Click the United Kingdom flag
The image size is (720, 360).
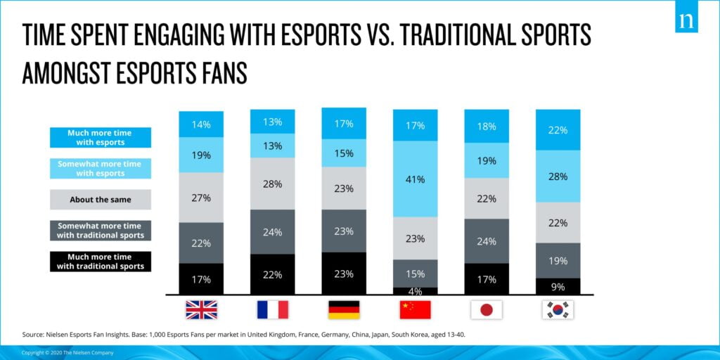click(x=201, y=309)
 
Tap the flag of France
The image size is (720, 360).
click(x=273, y=309)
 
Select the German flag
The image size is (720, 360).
click(x=344, y=309)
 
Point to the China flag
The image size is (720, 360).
click(x=415, y=309)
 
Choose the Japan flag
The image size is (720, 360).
click(x=487, y=309)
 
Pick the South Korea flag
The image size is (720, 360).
click(x=558, y=309)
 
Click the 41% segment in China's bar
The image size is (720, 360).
click(x=415, y=179)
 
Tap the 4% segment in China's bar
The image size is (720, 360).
click(x=415, y=290)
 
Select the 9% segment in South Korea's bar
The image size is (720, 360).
click(x=558, y=286)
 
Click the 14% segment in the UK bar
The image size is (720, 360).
click(x=201, y=124)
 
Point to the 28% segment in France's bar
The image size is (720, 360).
click(x=273, y=184)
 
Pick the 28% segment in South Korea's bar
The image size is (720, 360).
click(x=558, y=176)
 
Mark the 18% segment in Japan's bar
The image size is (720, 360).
click(x=487, y=127)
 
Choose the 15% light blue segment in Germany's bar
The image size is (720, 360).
click(x=344, y=153)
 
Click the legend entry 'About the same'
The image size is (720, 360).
click(x=100, y=200)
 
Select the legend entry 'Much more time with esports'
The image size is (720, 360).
click(x=100, y=137)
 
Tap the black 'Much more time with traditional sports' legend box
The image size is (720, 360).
click(x=100, y=262)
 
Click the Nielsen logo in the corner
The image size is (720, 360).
click(x=686, y=21)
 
